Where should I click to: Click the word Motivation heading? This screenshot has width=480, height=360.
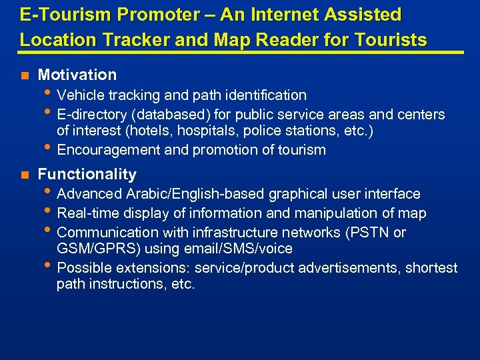(77, 75)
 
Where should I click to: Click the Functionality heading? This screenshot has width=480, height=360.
(87, 175)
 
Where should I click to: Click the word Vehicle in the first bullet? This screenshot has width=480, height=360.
(80, 95)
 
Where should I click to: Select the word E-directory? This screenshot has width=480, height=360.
(93, 114)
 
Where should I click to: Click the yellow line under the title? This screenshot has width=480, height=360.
(240, 53)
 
